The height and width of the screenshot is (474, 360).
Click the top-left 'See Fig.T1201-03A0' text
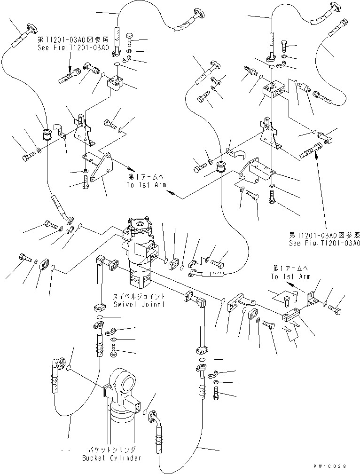tap(73, 47)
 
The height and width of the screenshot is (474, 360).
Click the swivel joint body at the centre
tap(139, 254)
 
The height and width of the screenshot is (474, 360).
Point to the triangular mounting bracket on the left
tap(101, 169)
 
